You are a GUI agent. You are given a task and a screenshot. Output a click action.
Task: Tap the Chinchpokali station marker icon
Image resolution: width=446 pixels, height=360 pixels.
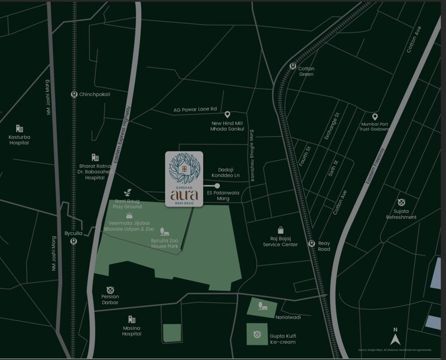pos(73,94)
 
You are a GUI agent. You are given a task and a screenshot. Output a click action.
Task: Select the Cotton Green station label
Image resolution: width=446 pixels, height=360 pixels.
pos(306,72)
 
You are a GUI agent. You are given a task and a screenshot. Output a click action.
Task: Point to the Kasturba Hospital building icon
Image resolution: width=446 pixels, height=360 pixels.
pos(19,129)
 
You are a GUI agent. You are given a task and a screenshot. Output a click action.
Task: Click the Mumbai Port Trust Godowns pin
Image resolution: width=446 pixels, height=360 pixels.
pos(375,117)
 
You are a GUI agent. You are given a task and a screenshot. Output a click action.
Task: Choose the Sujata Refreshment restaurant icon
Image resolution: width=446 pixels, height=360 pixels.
pos(401,202)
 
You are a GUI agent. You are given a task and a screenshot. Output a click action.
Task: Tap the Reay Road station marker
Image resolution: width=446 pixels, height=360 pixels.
pos(311,243)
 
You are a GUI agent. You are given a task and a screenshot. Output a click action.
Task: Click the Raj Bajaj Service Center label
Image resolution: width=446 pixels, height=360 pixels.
pos(280,241)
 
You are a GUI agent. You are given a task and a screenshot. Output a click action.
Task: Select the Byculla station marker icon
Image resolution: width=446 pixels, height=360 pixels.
pos(73,241)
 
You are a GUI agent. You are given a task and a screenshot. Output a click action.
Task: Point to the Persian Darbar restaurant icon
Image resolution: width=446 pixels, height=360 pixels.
pos(110,290)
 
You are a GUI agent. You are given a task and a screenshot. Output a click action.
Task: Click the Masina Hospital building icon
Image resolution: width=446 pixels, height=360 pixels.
pos(131,320)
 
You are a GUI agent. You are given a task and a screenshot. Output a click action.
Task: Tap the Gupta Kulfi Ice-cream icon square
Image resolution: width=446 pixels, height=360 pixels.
pos(257,334)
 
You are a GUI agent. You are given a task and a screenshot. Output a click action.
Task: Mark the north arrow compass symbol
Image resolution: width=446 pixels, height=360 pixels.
pos(395,329)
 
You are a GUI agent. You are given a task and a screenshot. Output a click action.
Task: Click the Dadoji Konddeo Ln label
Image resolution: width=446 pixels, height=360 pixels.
pos(229,173)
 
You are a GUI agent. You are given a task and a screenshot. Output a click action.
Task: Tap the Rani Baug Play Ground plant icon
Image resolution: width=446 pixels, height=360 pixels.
pos(127,193)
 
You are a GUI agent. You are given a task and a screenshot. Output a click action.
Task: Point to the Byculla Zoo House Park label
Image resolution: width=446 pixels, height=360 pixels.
pos(164,243)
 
